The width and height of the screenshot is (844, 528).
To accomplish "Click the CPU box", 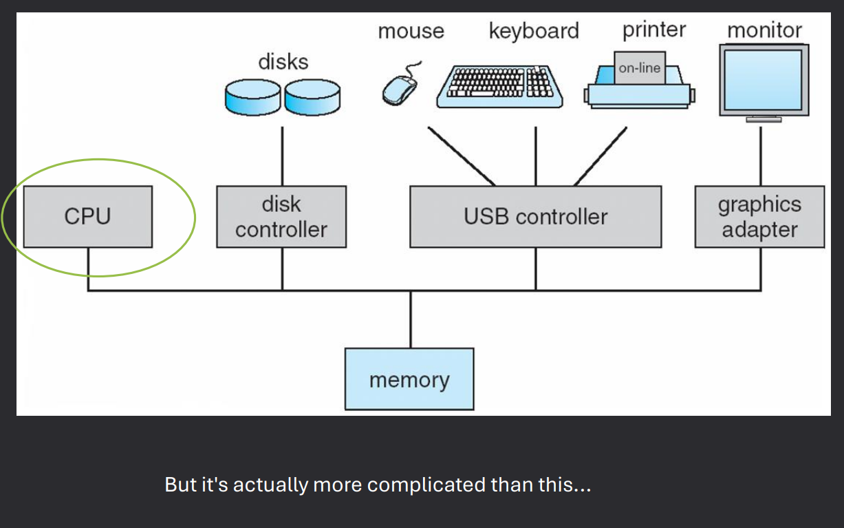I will pyautogui.click(x=87, y=217).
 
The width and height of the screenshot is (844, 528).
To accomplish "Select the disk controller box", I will pyautogui.click(x=281, y=217).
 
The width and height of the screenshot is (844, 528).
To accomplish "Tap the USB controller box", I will pyautogui.click(x=535, y=217).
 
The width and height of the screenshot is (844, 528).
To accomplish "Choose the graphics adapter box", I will pyautogui.click(x=759, y=217).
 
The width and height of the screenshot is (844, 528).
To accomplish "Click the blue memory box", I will pyautogui.click(x=409, y=379).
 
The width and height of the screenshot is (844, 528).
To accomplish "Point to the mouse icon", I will pyautogui.click(x=400, y=89).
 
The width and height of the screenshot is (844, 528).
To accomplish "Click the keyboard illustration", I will pyautogui.click(x=500, y=86).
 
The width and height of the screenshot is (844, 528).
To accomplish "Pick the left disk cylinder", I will pyautogui.click(x=252, y=97).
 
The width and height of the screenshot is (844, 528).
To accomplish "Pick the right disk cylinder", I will pyautogui.click(x=312, y=97).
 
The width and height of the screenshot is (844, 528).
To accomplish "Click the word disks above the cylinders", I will pyautogui.click(x=283, y=62).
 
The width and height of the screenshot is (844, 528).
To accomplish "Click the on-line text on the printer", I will pyautogui.click(x=640, y=68).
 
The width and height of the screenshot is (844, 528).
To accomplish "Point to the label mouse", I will pyautogui.click(x=411, y=32).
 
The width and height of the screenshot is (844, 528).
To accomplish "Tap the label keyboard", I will pyautogui.click(x=534, y=31).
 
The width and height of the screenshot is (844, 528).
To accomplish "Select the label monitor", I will pyautogui.click(x=764, y=30).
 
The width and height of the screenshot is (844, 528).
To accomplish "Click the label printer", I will pyautogui.click(x=654, y=30).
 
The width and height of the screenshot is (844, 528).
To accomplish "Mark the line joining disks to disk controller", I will pyautogui.click(x=282, y=156).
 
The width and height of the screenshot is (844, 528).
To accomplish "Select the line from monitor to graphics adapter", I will pyautogui.click(x=761, y=156).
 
